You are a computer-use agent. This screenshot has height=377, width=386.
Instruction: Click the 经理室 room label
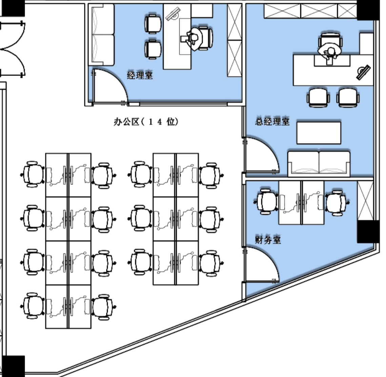point(140,75)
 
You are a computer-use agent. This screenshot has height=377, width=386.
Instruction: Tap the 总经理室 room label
point(272,121)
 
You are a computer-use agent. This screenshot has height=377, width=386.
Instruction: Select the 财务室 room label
point(268,240)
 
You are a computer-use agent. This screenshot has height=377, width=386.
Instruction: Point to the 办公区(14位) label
point(146,122)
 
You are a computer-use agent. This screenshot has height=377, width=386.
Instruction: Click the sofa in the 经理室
point(103,35)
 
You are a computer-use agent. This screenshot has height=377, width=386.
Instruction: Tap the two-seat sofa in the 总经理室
point(319,163)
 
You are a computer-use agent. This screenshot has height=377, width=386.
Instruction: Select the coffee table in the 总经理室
point(319,133)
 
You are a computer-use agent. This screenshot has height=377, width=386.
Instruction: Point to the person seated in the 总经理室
point(329,52)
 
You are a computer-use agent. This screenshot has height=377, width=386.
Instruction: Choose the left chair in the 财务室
point(266,202)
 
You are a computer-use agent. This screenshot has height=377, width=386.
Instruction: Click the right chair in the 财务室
point(336,203)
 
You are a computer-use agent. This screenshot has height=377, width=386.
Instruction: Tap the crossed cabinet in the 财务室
point(365,201)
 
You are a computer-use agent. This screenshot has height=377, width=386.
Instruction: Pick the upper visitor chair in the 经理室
point(153,24)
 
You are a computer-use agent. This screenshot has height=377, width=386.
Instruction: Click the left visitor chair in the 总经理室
point(318,97)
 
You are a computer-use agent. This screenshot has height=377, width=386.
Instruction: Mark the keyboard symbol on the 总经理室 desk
point(363,72)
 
